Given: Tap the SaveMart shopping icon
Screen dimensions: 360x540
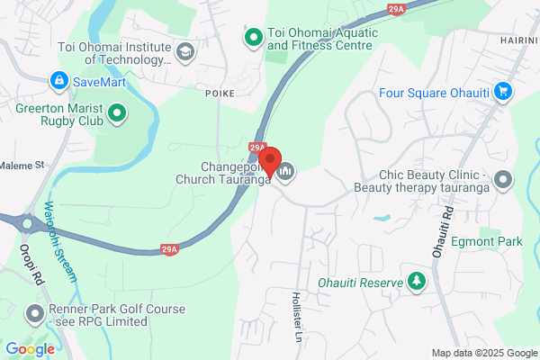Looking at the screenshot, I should click(x=58, y=81).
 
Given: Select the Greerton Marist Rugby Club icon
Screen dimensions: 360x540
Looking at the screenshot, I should click(x=116, y=113).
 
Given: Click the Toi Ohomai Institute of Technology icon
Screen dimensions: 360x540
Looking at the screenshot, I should click(x=186, y=52).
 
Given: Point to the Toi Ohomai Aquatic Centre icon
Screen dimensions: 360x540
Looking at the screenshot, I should click(x=253, y=36).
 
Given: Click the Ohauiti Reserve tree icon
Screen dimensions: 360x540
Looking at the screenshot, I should click(x=417, y=283).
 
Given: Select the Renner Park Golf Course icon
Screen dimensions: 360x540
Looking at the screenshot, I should click(x=35, y=314).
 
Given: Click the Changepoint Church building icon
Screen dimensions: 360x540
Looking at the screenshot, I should click(x=286, y=171).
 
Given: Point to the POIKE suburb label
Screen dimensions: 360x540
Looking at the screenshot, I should click(x=219, y=93).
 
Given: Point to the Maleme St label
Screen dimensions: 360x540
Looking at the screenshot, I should click(x=22, y=166).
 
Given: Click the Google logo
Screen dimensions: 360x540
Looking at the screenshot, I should click(x=29, y=349).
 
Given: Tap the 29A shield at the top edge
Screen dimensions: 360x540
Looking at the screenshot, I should click(x=396, y=8).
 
